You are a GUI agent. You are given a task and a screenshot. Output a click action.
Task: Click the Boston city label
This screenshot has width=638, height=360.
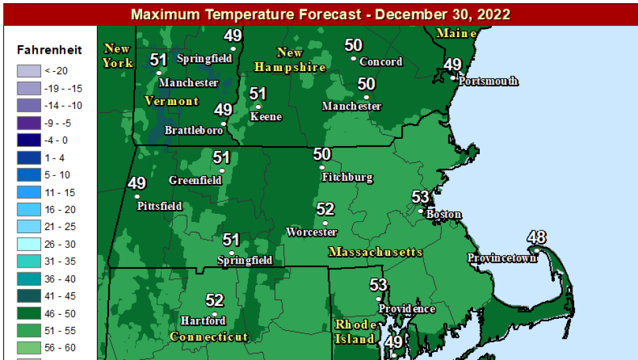pyautogui.click(x=444, y=215)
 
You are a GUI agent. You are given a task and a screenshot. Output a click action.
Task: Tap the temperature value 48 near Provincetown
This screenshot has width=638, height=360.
pyautogui.click(x=537, y=237)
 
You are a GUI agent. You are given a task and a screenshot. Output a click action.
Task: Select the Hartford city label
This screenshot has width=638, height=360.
pyautogui.click(x=203, y=321)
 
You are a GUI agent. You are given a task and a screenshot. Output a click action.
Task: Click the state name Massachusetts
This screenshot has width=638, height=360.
pyautogui.click(x=375, y=252)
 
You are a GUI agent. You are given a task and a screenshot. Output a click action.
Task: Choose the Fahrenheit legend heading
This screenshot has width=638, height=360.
pyautogui.click(x=49, y=50)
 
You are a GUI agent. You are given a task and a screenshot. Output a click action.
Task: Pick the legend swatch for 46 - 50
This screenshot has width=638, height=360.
pyautogui.click(x=28, y=314)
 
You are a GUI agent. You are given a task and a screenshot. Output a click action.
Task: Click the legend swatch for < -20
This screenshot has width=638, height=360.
pyautogui.click(x=28, y=70)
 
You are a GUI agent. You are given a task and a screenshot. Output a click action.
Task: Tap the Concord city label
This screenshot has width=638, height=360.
pyautogui.click(x=381, y=62)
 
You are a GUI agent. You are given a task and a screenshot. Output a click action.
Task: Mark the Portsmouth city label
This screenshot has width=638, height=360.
pyautogui.click(x=488, y=81)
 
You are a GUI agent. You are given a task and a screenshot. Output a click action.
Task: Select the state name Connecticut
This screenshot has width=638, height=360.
pyautogui.click(x=209, y=337)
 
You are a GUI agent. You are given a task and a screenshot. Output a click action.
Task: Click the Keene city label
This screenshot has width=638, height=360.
pyautogui.click(x=266, y=117)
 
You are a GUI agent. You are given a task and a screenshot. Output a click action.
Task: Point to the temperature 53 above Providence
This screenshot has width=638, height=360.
pyautogui.click(x=378, y=285)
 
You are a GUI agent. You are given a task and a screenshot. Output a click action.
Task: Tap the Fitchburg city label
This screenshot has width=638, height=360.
pyautogui.click(x=347, y=177)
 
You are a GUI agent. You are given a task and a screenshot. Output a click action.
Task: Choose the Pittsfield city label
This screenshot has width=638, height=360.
pyautogui.click(x=159, y=206)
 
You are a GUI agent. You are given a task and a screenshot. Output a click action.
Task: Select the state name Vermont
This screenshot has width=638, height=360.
pyautogui.click(x=171, y=101)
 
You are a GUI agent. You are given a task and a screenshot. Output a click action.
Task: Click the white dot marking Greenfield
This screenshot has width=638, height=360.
pyautogui.click(x=222, y=171)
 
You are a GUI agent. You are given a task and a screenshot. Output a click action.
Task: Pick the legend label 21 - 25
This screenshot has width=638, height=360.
pyautogui.click(x=60, y=227)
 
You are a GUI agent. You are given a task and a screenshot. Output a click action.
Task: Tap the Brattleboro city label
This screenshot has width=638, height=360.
pyautogui.click(x=193, y=130)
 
